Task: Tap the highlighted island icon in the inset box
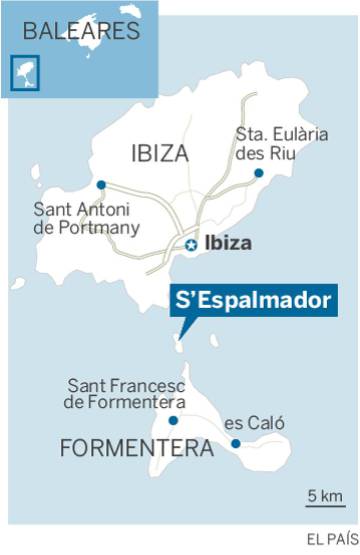point(20,71)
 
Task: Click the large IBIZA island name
point(158,153)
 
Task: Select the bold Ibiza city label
point(227,243)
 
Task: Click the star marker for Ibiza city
point(190,244)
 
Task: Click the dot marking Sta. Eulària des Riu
point(258,173)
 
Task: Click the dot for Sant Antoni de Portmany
point(101,185)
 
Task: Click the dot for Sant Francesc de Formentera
point(173,421)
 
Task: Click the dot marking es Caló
point(235,444)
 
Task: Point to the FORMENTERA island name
point(137,449)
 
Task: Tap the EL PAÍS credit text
point(331,539)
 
